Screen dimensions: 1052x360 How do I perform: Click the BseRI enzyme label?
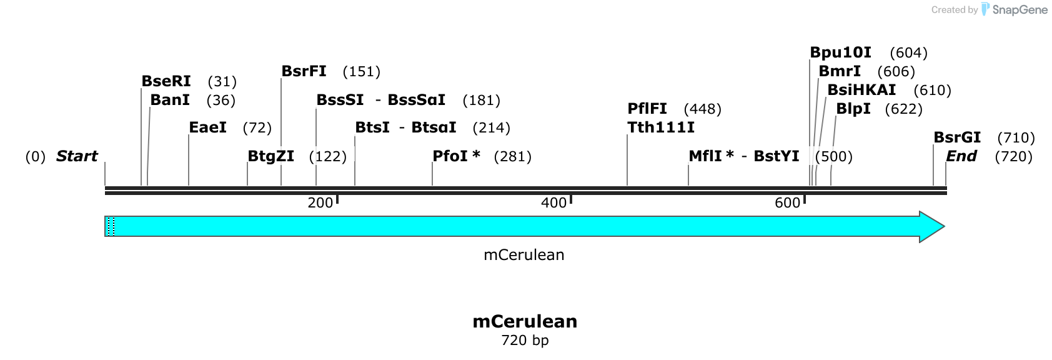166,81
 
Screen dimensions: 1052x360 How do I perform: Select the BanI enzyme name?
170,100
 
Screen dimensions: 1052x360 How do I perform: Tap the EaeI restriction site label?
207,127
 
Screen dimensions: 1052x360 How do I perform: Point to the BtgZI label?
271,156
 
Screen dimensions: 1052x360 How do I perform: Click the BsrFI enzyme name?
304,71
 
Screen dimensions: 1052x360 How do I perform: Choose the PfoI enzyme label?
450,156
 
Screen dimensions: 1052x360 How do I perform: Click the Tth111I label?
661,127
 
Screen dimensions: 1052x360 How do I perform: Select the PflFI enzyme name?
647,109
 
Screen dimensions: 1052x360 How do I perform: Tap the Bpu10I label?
841,52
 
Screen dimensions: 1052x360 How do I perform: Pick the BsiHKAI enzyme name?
861,90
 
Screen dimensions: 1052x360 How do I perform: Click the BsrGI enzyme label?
957,137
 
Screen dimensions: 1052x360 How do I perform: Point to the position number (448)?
703,109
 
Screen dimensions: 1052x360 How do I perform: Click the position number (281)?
513,156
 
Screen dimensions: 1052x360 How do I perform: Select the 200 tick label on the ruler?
320,202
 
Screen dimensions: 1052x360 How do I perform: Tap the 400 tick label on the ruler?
553,202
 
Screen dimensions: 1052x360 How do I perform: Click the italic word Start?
77,156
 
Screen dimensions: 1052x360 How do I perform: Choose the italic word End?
961,156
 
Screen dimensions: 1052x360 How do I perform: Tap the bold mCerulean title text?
525,321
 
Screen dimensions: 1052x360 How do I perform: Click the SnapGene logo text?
1020,10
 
